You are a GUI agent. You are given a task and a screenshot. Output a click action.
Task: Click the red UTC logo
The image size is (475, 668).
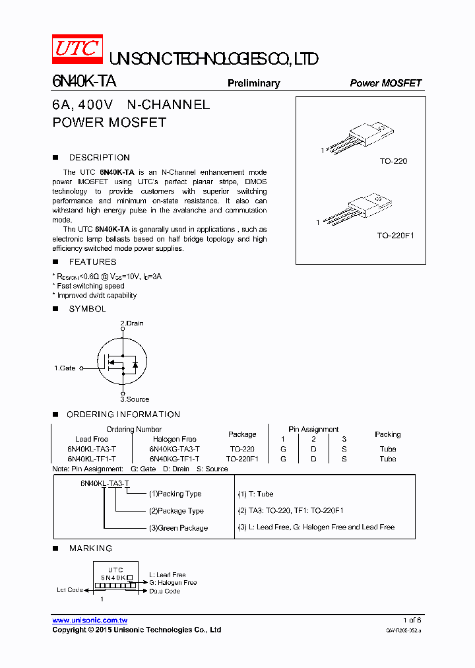77,50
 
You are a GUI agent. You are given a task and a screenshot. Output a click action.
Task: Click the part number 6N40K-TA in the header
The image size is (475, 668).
84,81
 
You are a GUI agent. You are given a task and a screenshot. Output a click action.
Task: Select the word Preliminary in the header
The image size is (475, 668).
253,83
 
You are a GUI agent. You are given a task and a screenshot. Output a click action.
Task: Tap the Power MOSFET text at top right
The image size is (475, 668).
385,83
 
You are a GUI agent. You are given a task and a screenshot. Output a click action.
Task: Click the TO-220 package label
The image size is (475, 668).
393,161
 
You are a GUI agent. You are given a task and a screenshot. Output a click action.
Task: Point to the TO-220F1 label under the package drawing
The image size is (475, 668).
395,235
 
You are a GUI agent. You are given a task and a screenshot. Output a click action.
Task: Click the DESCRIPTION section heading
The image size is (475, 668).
99,158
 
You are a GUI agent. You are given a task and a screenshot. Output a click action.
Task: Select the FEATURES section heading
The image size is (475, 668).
92,262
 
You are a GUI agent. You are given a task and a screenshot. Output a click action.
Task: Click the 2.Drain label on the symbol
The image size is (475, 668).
131,323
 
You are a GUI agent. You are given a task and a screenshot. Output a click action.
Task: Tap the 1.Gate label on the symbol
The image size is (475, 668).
65,368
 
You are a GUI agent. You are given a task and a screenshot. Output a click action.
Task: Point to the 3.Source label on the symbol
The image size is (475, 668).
135,399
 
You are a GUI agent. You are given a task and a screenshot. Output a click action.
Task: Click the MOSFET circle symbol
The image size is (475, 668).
123,362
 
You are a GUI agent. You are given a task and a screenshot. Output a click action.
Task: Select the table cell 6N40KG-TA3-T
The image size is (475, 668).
174,449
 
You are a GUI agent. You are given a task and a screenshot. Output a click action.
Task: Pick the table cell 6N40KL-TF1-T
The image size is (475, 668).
92,459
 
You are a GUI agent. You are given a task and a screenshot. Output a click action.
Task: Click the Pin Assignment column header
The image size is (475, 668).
313,429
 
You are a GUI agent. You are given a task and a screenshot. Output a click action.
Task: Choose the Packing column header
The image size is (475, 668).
387,434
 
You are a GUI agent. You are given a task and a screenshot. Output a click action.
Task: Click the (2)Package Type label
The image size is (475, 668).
176,511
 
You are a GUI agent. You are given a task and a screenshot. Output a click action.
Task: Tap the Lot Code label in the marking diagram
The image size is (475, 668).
69,589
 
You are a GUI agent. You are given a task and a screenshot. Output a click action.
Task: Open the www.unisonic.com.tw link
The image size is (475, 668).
90,620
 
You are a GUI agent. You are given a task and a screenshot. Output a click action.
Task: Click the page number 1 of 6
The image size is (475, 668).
412,620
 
